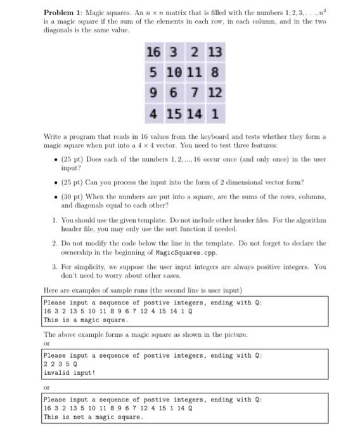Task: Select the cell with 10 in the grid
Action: tap(174, 72)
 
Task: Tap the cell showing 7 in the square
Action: tap(196, 93)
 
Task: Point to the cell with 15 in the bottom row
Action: tap(174, 115)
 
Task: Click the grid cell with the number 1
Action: tap(216, 115)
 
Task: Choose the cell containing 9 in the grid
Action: tap(153, 93)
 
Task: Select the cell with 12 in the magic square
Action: tap(215, 93)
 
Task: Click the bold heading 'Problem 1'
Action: tap(61, 13)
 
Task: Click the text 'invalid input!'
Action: tap(69, 373)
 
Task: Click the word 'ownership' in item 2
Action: tap(79, 251)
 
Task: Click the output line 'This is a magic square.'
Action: tap(82, 320)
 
